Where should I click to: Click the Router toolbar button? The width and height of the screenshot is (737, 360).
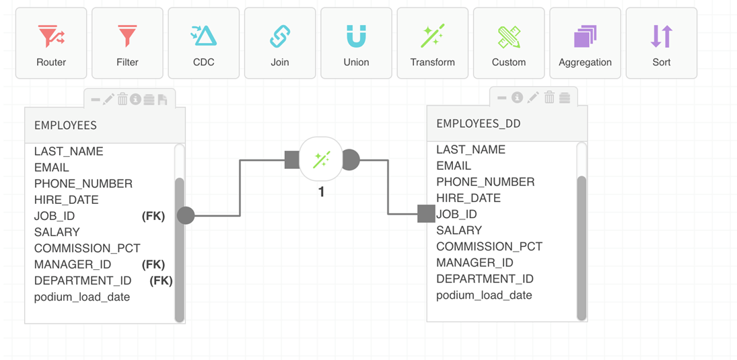click(51, 43)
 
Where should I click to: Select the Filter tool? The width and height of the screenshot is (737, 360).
click(127, 43)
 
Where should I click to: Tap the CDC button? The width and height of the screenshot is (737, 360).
click(203, 43)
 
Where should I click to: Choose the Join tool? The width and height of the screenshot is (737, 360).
click(280, 43)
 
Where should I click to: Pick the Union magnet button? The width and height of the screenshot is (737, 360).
click(356, 43)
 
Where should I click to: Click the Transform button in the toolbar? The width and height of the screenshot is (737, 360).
click(433, 43)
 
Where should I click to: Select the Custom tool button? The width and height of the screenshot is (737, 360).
click(509, 43)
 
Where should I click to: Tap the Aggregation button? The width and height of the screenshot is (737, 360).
click(585, 43)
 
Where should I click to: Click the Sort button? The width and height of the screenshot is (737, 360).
click(662, 43)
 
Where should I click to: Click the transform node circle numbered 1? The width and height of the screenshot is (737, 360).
click(321, 160)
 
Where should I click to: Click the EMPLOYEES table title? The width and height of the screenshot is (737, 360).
click(65, 125)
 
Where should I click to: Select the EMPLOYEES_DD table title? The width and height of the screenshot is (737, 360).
click(479, 123)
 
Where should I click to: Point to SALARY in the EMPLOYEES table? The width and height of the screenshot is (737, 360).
click(57, 232)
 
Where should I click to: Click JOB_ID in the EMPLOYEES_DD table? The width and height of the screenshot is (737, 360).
click(457, 214)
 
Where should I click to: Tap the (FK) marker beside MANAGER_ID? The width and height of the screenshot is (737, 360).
click(153, 264)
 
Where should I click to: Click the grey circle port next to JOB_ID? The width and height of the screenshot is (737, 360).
click(186, 215)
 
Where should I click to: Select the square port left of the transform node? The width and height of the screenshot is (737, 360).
click(292, 160)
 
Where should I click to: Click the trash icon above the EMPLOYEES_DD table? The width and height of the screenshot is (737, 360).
click(549, 98)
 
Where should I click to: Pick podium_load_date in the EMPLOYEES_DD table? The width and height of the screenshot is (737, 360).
click(484, 295)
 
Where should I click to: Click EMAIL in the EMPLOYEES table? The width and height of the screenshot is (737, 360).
click(52, 168)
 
